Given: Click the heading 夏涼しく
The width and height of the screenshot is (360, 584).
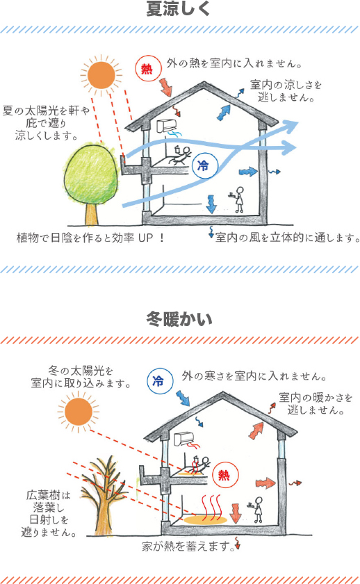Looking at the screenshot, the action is pyautogui.click(x=179, y=9).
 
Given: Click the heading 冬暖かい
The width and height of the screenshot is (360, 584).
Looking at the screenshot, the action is pyautogui.click(x=179, y=319).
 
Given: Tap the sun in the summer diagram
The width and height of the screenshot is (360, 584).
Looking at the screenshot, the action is pyautogui.click(x=101, y=75).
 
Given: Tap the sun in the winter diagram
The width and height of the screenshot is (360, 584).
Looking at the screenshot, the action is pyautogui.click(x=78, y=412).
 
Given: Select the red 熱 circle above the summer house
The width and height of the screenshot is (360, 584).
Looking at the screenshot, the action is pyautogui.click(x=148, y=69).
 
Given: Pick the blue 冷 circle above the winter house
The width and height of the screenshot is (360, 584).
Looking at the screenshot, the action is pyautogui.click(x=160, y=381).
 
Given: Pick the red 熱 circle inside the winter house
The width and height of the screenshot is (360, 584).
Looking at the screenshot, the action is pyautogui.click(x=225, y=475).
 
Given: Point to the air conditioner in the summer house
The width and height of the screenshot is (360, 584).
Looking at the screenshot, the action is pyautogui.click(x=166, y=126).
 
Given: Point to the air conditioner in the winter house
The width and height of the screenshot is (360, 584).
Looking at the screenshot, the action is pyautogui.click(x=184, y=439).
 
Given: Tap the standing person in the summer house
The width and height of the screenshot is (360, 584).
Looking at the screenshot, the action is pyautogui.click(x=238, y=200).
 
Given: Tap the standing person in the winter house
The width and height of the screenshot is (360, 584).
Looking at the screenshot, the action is pyautogui.click(x=257, y=510).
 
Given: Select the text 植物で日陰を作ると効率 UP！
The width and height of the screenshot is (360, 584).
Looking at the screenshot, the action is pyautogui.click(x=90, y=238).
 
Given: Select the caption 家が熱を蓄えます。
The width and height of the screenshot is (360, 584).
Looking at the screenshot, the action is pyautogui.click(x=188, y=546).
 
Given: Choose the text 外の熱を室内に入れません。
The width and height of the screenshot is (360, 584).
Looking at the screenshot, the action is pyautogui.click(x=234, y=63).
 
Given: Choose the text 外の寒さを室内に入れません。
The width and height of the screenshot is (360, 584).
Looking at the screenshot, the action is pyautogui.click(x=254, y=376).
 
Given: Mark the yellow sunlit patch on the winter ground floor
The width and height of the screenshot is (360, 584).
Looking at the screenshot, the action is pyautogui.click(x=205, y=519).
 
